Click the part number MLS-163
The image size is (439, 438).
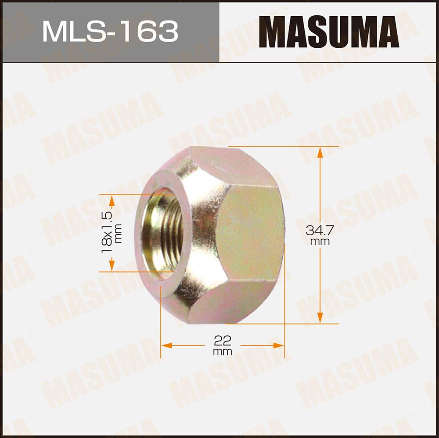(x=110, y=31)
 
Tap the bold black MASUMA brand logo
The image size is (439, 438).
(x=329, y=32)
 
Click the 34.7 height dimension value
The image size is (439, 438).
(x=320, y=230)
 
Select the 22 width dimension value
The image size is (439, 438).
(x=223, y=341)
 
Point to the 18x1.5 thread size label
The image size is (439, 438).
(x=107, y=232)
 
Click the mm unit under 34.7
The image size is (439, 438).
(x=320, y=241)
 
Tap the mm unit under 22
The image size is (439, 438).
(x=223, y=352)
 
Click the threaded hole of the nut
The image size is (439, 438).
(x=162, y=233)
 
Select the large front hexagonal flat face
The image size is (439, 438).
(x=251, y=233)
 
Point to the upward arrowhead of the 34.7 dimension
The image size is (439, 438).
(x=320, y=153)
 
